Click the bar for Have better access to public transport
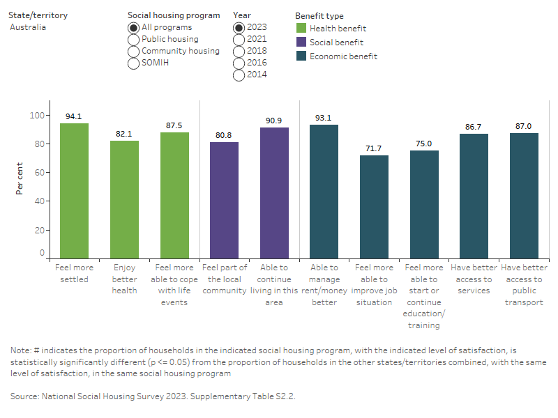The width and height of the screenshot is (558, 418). [x=524, y=196]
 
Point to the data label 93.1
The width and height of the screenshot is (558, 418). [x=324, y=118]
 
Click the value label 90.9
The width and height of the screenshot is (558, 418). [x=274, y=121]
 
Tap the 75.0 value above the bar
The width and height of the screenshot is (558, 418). [x=424, y=144]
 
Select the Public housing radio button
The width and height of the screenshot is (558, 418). [x=133, y=40]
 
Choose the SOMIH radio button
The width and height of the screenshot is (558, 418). [x=133, y=63]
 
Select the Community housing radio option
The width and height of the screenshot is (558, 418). [x=133, y=52]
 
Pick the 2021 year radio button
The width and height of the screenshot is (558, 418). [x=240, y=40]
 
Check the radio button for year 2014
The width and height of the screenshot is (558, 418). [x=240, y=75]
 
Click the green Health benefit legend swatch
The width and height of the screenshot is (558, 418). [x=301, y=29]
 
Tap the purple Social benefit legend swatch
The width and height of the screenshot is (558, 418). [x=301, y=42]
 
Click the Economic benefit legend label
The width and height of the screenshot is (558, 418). [x=343, y=56]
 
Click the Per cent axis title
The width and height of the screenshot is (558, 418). [x=20, y=178]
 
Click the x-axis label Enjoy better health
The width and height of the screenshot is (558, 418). [x=124, y=279]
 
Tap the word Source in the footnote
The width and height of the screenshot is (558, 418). [x=25, y=396]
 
